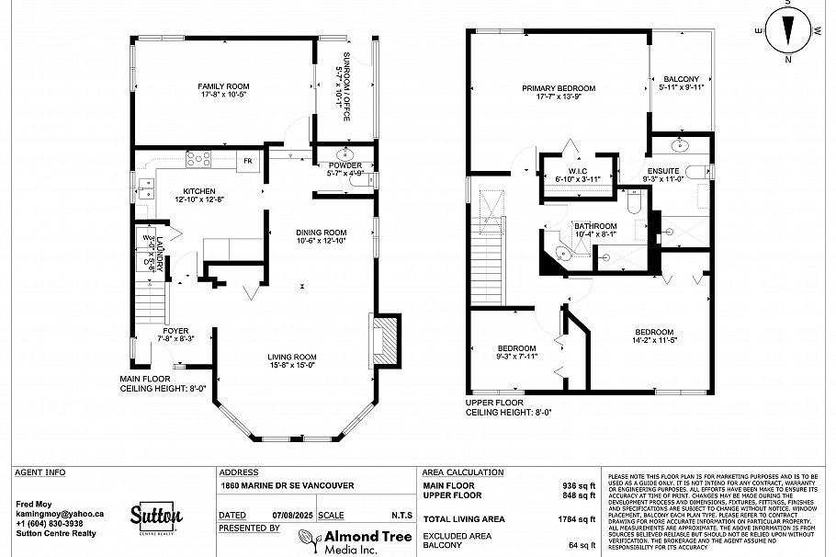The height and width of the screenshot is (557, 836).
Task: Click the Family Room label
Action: (224, 91)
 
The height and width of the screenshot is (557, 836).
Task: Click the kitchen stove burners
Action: (198, 160)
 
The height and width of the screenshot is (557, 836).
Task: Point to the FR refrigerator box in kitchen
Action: (246, 161)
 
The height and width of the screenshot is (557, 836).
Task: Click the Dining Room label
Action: (321, 236)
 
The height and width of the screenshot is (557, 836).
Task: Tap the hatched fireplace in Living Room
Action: (386, 342)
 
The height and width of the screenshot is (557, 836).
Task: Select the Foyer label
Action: (175, 335)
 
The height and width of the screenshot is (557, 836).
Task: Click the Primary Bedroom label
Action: (559, 93)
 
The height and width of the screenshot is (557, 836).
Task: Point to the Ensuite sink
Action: (681, 144)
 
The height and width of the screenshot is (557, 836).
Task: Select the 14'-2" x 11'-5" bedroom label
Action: (653, 336)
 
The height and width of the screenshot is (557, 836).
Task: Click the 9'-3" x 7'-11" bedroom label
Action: (516, 351)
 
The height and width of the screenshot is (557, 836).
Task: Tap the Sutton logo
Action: (155, 517)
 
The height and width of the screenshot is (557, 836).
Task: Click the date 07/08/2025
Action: (284, 516)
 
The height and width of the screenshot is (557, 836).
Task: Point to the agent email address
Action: (60, 514)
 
